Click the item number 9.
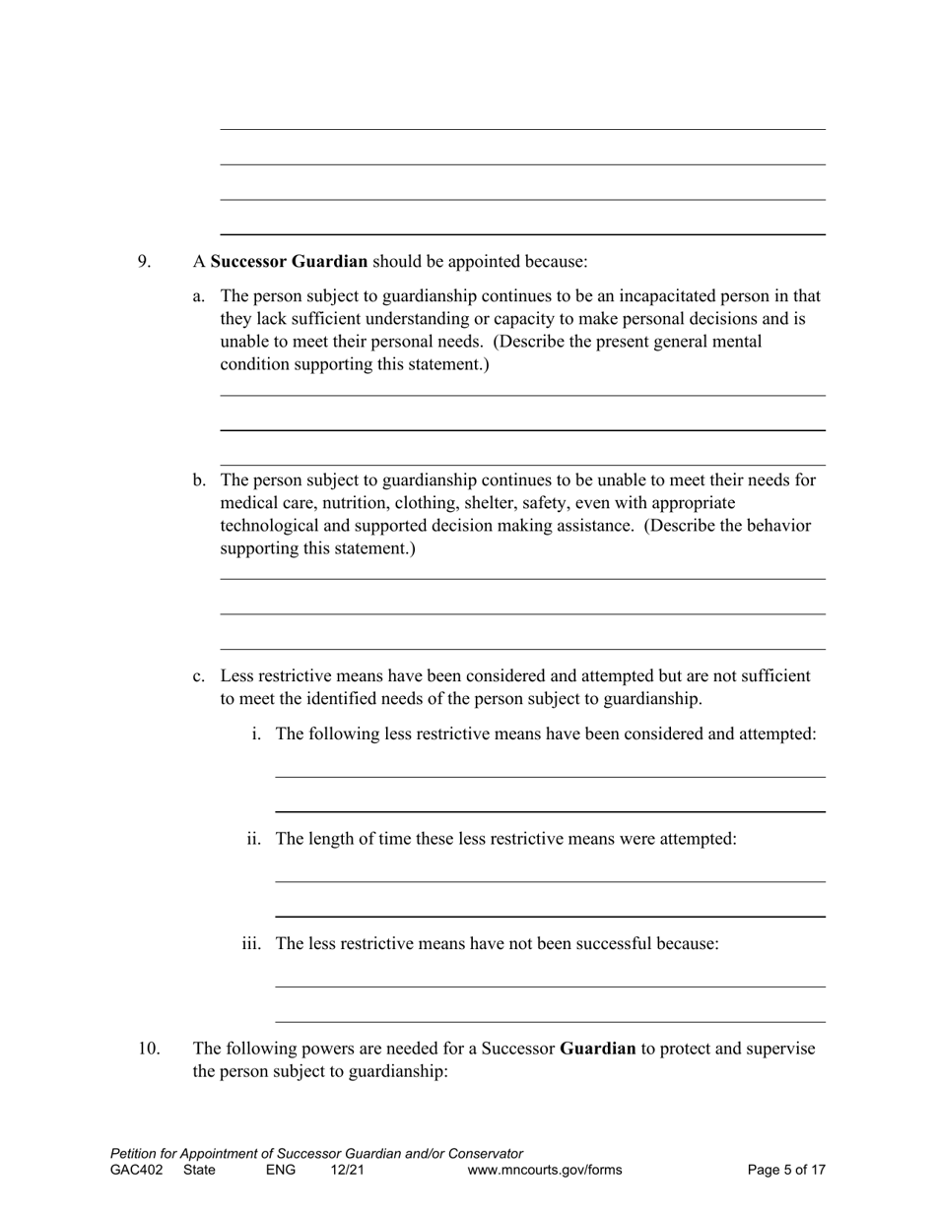144,262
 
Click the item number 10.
148,1049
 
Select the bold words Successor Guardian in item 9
289,262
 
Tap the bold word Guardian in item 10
597,1049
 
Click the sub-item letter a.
199,296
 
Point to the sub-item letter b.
199,480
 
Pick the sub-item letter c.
199,676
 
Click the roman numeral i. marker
256,734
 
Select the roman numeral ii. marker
254,839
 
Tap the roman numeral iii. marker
252,944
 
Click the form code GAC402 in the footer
137,1171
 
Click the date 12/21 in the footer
348,1171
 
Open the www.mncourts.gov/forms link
545,1171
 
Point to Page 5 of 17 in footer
786,1171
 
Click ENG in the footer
281,1171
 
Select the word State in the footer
199,1171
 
